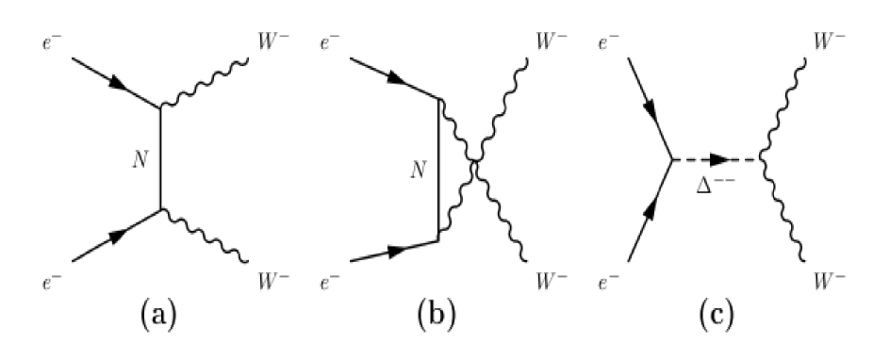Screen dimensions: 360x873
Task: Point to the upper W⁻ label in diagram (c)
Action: (x=835, y=43)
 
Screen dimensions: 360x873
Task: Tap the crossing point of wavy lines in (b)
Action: (x=475, y=167)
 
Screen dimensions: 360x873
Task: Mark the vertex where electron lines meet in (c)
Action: (x=671, y=161)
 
